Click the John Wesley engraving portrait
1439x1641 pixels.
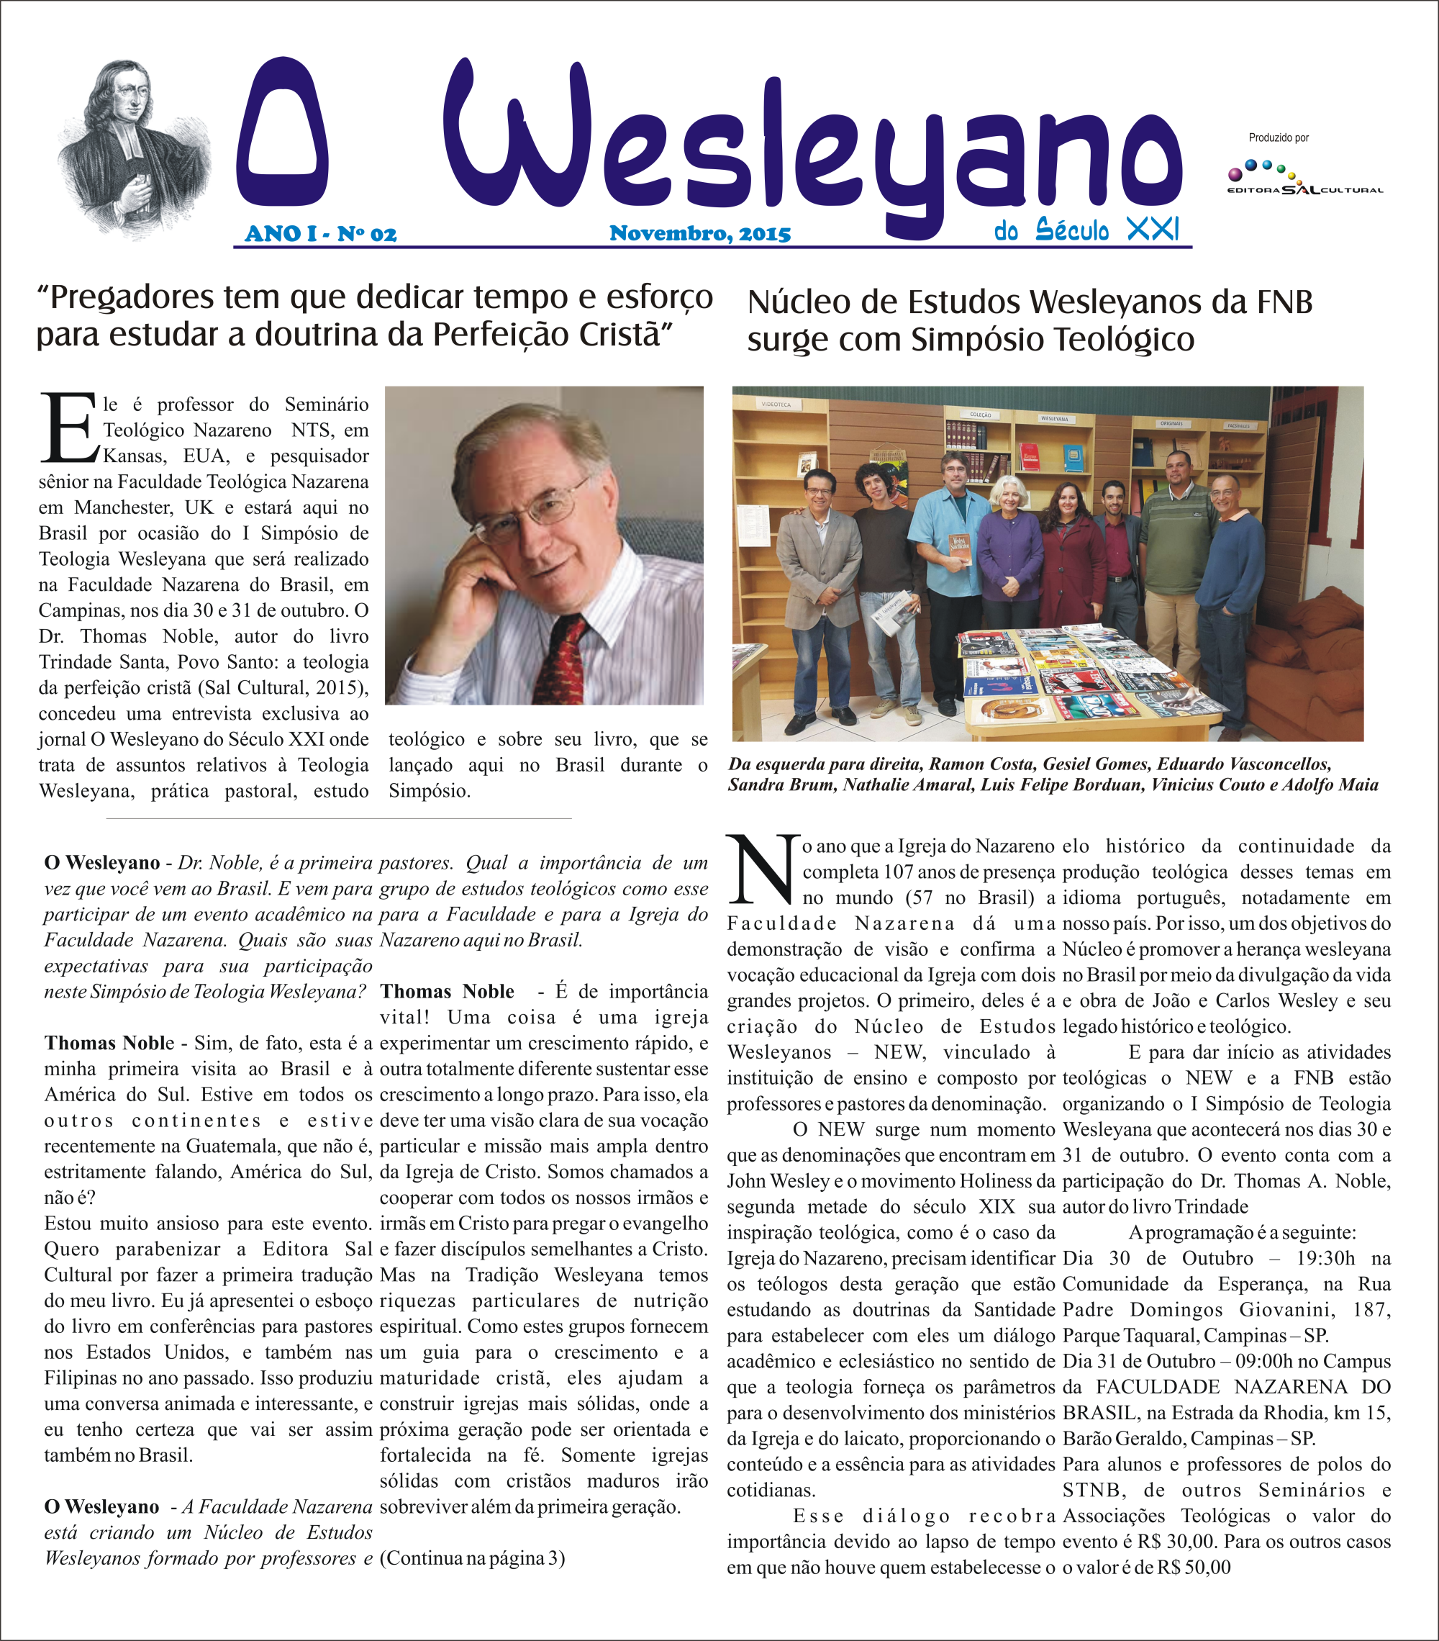(x=132, y=148)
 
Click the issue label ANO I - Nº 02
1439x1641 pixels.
(x=320, y=234)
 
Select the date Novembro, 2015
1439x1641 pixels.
(x=700, y=234)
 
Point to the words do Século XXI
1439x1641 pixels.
(x=1086, y=230)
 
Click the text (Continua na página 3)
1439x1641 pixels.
(x=472, y=1558)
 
